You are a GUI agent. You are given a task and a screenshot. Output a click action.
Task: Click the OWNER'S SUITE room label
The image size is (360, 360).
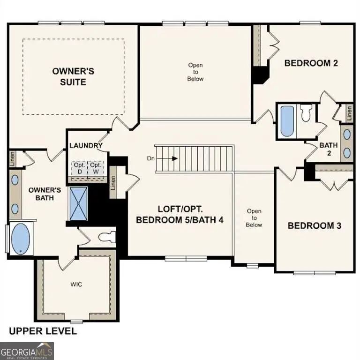click(73, 76)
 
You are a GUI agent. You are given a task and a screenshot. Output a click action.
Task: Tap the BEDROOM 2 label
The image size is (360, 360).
click(311, 63)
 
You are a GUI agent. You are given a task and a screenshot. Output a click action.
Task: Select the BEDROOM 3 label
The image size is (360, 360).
click(314, 225)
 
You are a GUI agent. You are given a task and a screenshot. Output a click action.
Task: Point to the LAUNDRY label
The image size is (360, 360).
click(86, 145)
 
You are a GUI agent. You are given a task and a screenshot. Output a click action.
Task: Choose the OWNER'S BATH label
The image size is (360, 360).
click(45, 194)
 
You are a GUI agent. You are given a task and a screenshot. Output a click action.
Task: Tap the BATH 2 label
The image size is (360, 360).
click(329, 149)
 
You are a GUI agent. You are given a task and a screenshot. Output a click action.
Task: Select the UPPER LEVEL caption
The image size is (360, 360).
click(43, 331)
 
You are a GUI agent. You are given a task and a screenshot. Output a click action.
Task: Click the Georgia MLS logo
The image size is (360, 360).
click(27, 351)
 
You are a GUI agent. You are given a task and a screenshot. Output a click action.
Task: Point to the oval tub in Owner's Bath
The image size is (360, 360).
click(20, 239)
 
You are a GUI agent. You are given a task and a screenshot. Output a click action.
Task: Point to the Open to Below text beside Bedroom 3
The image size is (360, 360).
click(254, 218)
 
